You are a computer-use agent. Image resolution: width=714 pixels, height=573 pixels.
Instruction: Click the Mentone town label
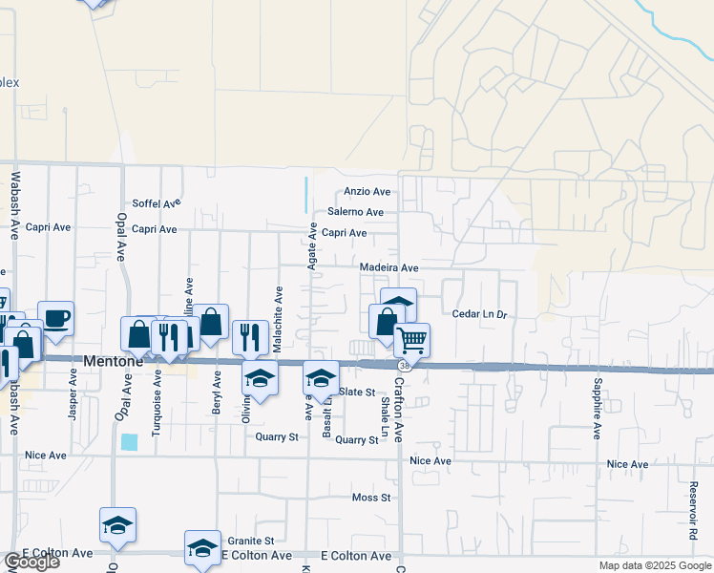(113, 362)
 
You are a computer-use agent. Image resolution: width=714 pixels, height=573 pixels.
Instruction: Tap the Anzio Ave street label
(367, 192)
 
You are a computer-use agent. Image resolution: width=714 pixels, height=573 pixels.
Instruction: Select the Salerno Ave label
(355, 212)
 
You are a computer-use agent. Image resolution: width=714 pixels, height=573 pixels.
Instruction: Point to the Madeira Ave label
(388, 268)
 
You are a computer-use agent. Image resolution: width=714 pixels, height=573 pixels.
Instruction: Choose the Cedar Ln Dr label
(476, 313)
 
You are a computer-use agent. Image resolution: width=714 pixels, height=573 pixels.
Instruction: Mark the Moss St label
(371, 498)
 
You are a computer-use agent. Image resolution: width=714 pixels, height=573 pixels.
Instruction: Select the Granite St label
(250, 541)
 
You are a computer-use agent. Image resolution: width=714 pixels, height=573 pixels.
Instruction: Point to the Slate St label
(357, 393)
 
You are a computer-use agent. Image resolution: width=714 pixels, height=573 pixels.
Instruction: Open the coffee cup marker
(55, 317)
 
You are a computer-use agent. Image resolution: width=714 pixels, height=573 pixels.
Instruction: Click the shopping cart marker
(411, 339)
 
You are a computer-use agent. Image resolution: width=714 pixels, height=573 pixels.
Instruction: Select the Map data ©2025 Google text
(654, 565)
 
